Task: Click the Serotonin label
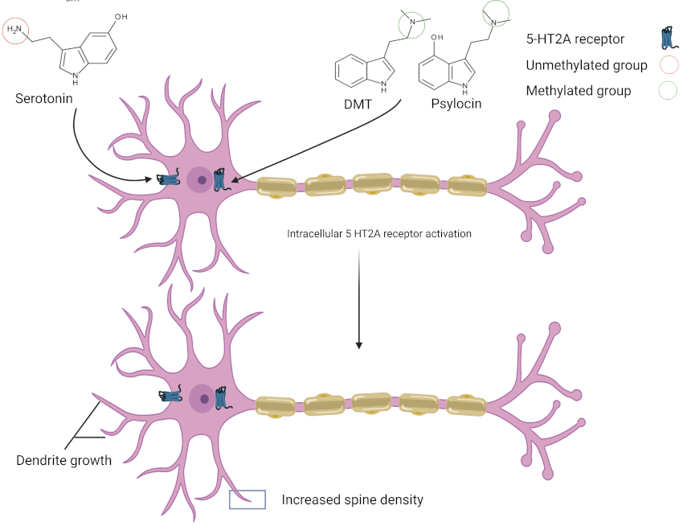45,98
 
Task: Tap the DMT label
359,103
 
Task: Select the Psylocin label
456,103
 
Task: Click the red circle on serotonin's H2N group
15,30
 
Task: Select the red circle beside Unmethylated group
668,65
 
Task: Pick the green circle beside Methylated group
668,91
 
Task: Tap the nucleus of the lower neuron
203,397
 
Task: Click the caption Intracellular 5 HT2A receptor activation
379,234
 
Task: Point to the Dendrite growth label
63,461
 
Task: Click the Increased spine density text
352,499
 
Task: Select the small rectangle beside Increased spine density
247,499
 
